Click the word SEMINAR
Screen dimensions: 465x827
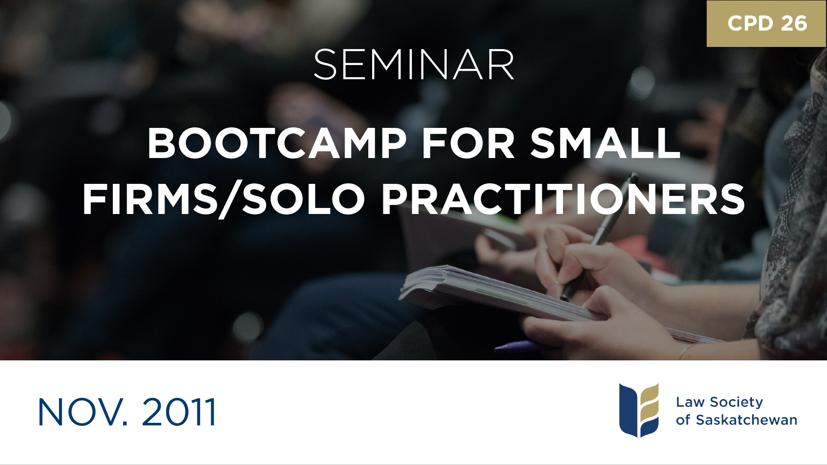tap(413, 65)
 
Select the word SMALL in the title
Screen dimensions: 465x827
tap(605, 144)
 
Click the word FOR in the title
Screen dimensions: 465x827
tap(468, 144)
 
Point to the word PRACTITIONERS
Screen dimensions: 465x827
tap(563, 199)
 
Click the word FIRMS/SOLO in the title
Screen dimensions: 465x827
tap(224, 200)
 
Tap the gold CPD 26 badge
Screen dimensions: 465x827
tap(767, 23)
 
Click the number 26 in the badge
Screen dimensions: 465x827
tap(794, 23)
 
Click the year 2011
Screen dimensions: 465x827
tap(178, 412)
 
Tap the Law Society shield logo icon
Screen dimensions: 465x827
tap(639, 410)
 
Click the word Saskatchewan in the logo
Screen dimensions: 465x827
tap(746, 420)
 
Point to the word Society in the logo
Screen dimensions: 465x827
tap(736, 402)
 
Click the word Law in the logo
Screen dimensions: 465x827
tap(690, 402)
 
